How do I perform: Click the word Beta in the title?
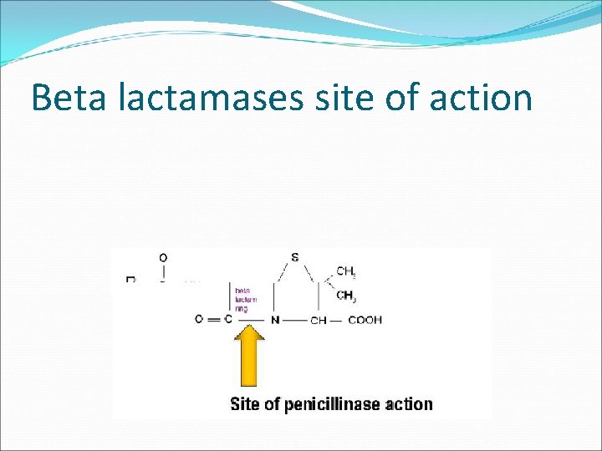coord(71,98)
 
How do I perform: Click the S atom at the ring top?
coord(295,257)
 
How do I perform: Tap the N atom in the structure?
coord(275,319)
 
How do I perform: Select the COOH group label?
coord(365,320)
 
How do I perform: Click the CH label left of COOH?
coord(318,320)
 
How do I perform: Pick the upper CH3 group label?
coord(346,272)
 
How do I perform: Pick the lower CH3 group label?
coord(346,295)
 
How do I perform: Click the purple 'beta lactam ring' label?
coord(246,299)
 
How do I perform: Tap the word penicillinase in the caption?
coord(334,405)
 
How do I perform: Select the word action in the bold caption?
coord(410,405)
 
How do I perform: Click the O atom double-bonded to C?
coord(199,319)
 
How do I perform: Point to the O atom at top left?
coord(163,257)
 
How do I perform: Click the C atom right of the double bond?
coord(228,319)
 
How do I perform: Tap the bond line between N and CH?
coord(295,320)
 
